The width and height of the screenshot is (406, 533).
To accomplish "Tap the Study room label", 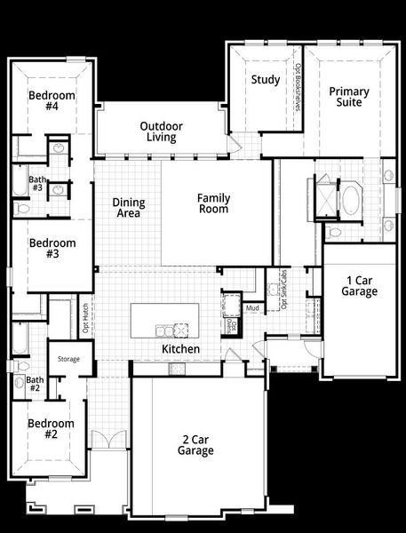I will [265, 80].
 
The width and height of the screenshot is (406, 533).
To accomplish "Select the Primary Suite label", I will [349, 97].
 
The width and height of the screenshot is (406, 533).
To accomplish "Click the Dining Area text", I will [129, 208].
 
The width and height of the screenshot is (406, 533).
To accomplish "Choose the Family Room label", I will [213, 203].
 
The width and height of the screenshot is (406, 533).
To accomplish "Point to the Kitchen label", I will [180, 349].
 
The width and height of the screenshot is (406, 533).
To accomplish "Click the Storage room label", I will [69, 359].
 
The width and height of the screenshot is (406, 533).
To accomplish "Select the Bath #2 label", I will [34, 384].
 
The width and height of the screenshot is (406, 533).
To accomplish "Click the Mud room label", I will [253, 308].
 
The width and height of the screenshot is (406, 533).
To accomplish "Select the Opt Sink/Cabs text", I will [284, 290].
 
